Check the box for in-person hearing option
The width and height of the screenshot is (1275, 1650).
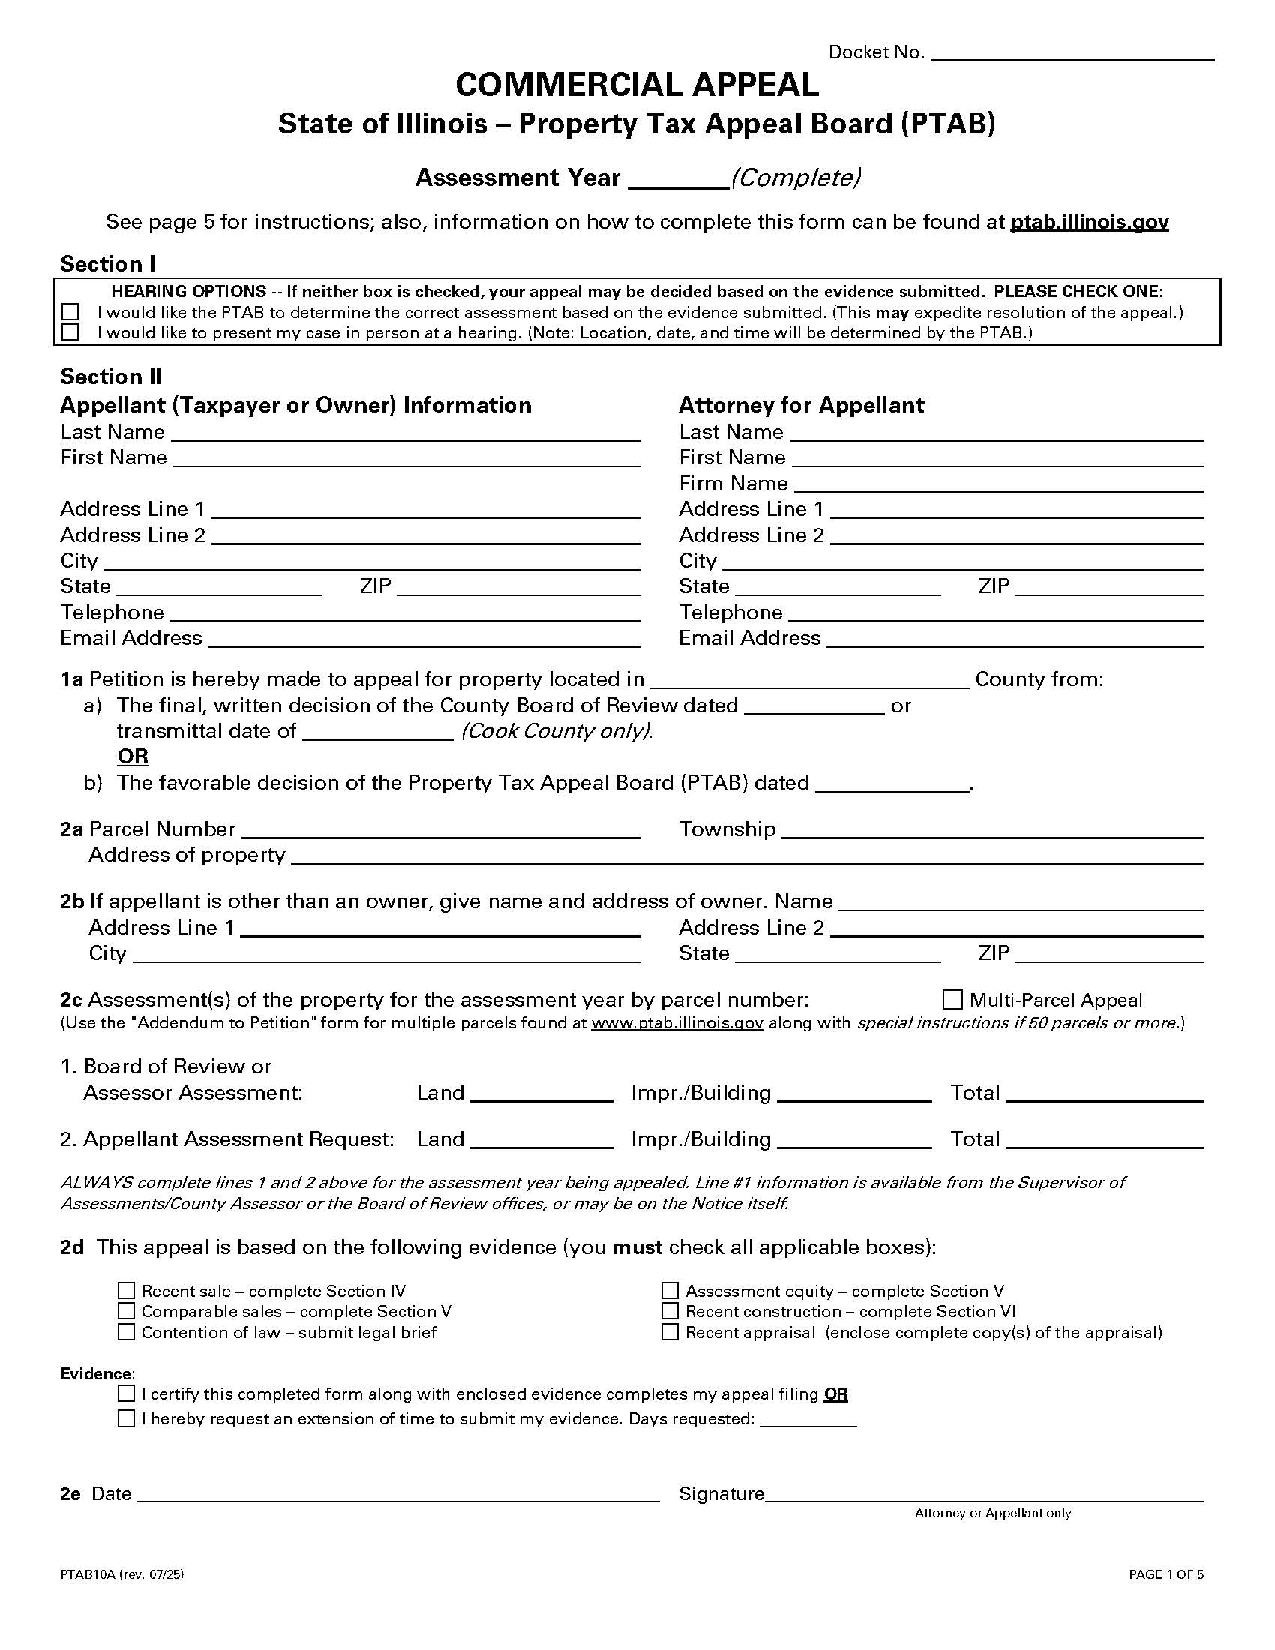point(70,332)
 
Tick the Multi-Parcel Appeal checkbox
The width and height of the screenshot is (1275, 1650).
point(952,1000)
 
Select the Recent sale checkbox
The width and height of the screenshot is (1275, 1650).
point(126,1291)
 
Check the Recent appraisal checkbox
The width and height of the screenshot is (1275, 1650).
point(670,1332)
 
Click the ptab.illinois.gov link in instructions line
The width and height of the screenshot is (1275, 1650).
point(1089,222)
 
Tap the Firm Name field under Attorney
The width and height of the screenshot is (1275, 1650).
point(997,484)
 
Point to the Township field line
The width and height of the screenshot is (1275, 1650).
point(991,829)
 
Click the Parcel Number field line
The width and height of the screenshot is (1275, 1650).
point(440,829)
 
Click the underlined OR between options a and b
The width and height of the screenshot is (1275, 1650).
point(133,756)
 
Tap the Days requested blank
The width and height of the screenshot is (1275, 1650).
point(808,1418)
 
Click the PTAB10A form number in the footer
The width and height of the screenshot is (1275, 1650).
point(121,1574)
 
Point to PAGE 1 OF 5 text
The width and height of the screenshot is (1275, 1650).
point(1165,1574)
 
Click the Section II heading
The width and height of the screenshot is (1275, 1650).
point(111,376)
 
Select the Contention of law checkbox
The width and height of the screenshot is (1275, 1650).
point(126,1332)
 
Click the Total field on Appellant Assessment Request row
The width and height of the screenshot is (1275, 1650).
point(1103,1139)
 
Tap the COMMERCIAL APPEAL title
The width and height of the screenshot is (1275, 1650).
point(637,85)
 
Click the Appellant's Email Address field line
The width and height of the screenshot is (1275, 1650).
point(424,638)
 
